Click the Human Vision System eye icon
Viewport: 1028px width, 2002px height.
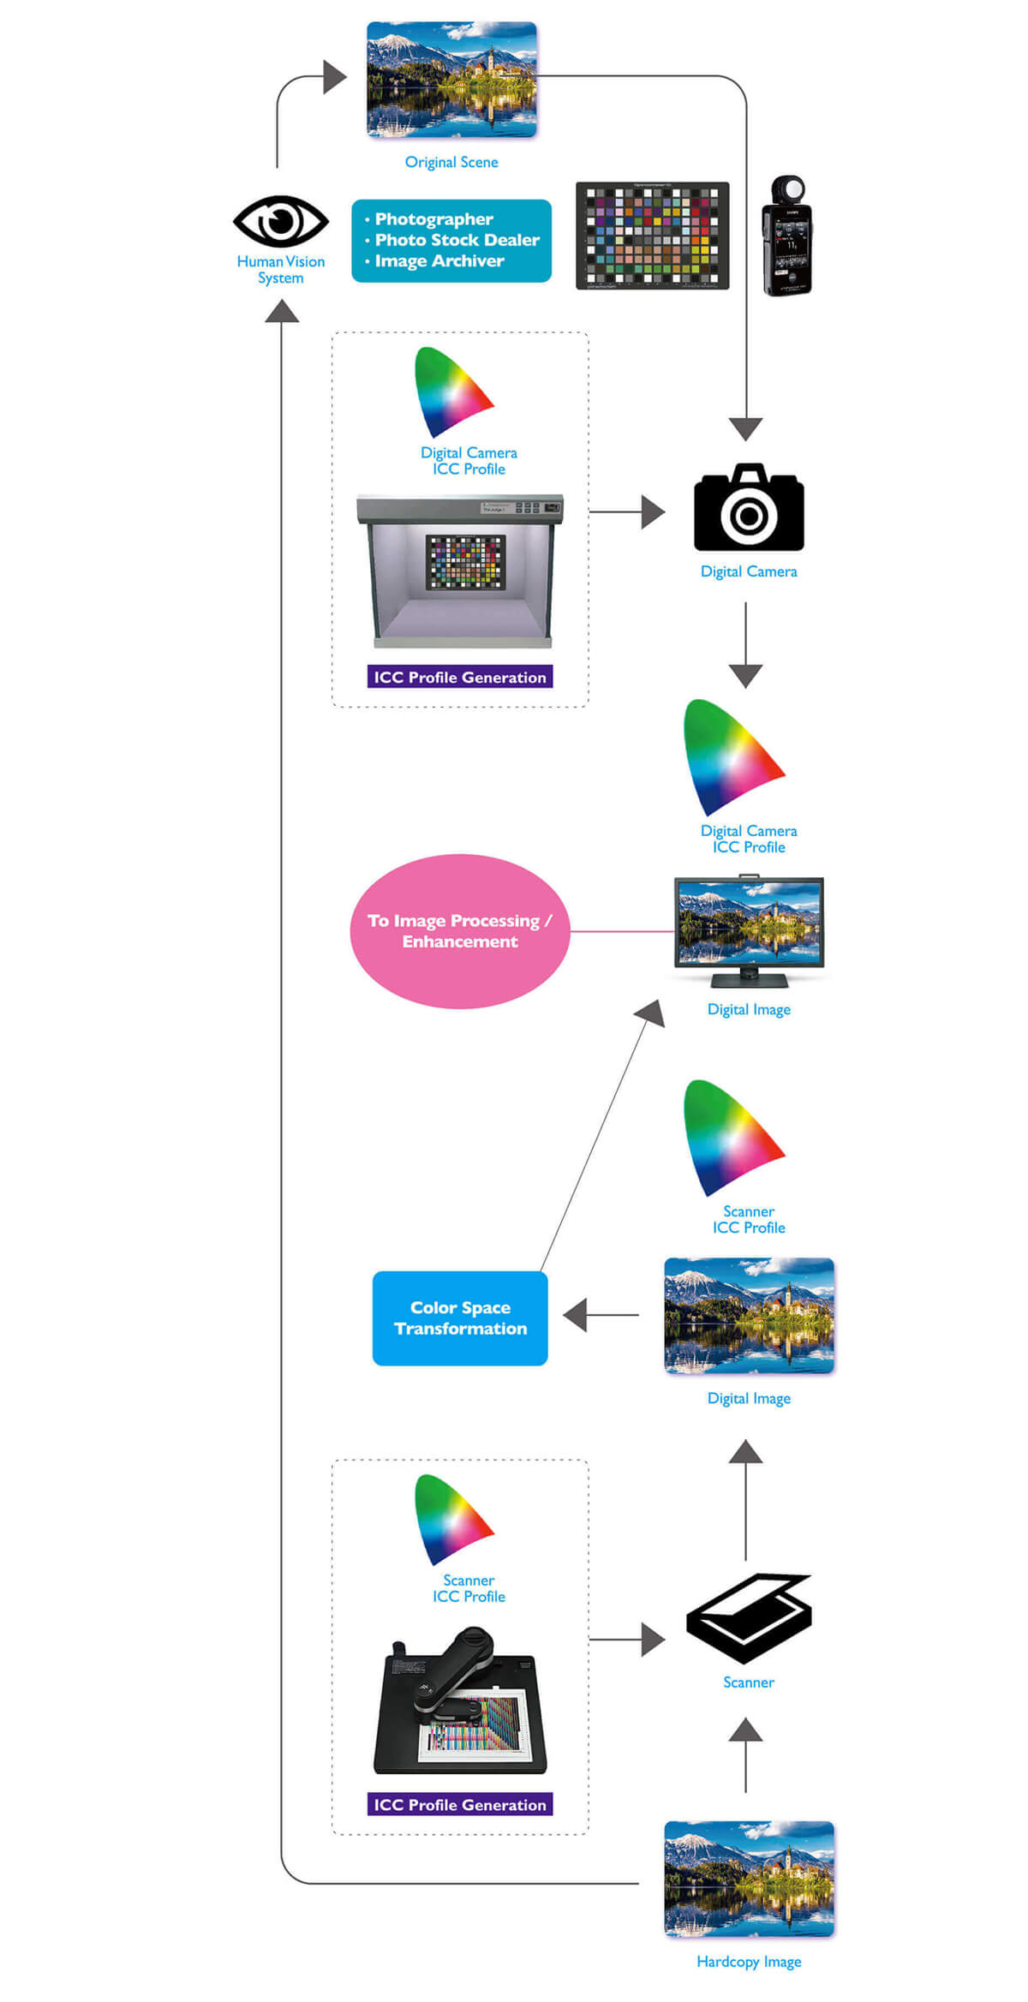[x=280, y=222]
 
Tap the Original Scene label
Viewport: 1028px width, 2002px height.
[x=451, y=162]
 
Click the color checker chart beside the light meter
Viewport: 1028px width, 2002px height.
[x=652, y=236]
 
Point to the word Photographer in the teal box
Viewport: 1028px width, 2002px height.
[x=433, y=219]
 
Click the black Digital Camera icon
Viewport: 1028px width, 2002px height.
[x=749, y=508]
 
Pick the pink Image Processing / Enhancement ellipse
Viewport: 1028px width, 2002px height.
[x=460, y=931]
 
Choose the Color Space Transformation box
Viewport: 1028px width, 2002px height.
[x=460, y=1318]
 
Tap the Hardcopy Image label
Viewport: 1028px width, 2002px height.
[x=749, y=1961]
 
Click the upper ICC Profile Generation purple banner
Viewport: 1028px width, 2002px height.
[x=460, y=677]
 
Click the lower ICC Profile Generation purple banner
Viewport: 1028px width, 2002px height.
[x=460, y=1804]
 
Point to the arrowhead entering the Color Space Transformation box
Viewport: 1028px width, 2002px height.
[x=575, y=1314]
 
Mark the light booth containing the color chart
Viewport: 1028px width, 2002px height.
[x=460, y=570]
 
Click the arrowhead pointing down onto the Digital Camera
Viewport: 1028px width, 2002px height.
[x=746, y=428]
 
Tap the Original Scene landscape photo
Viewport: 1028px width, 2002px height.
[x=451, y=80]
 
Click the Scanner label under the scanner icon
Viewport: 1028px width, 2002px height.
[x=748, y=1682]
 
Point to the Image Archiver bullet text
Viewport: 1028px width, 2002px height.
[x=439, y=261]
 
